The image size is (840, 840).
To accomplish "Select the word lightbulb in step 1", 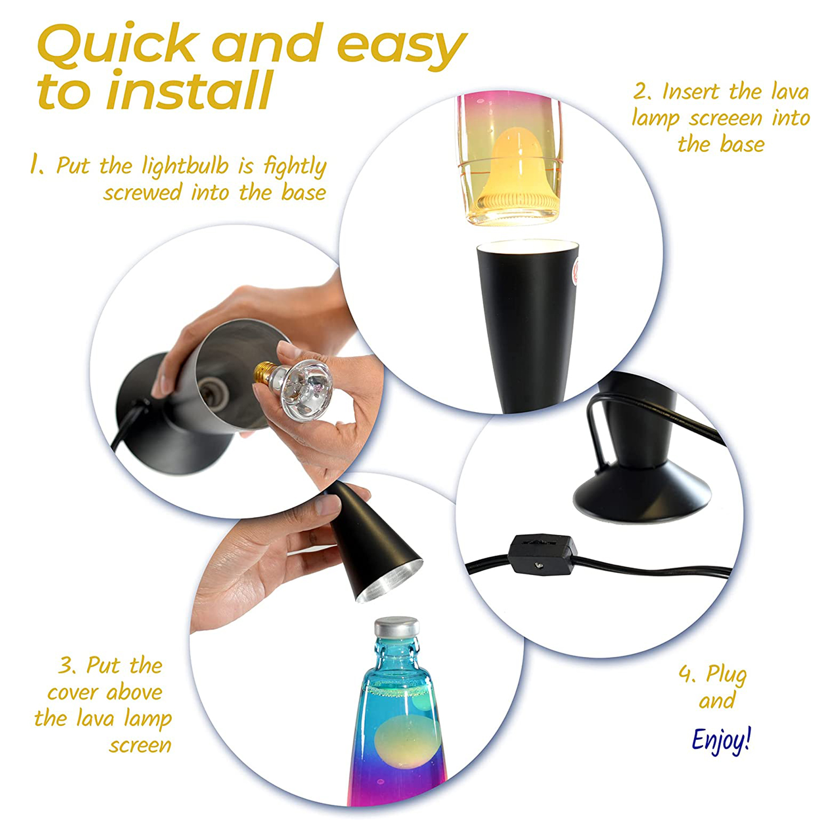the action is coord(185,166).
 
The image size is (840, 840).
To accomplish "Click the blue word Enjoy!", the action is coord(721,740).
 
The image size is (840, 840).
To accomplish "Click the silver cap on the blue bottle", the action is coord(396,627).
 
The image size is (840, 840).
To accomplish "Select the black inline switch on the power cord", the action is coord(544,555).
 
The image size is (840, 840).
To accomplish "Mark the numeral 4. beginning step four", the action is coord(688,675).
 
